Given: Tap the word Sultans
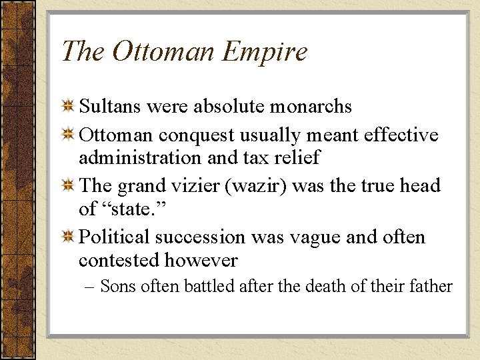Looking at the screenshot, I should click(x=111, y=106).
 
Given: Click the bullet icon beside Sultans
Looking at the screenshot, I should click(x=67, y=106).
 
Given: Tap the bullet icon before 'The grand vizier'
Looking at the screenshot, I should click(x=67, y=185).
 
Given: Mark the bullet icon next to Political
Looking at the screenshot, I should click(x=67, y=237).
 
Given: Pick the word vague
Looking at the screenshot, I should click(x=321, y=237).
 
